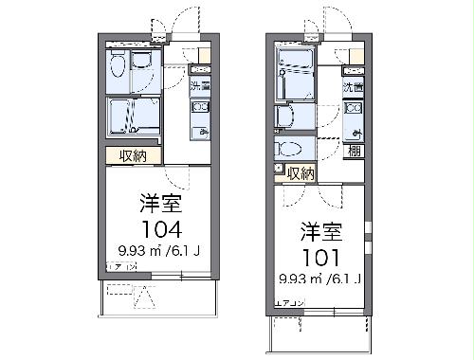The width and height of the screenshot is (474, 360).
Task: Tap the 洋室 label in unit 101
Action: click(x=321, y=230)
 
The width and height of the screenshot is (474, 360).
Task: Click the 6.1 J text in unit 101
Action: click(x=347, y=279)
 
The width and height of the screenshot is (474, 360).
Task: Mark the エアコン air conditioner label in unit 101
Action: click(x=288, y=302)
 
